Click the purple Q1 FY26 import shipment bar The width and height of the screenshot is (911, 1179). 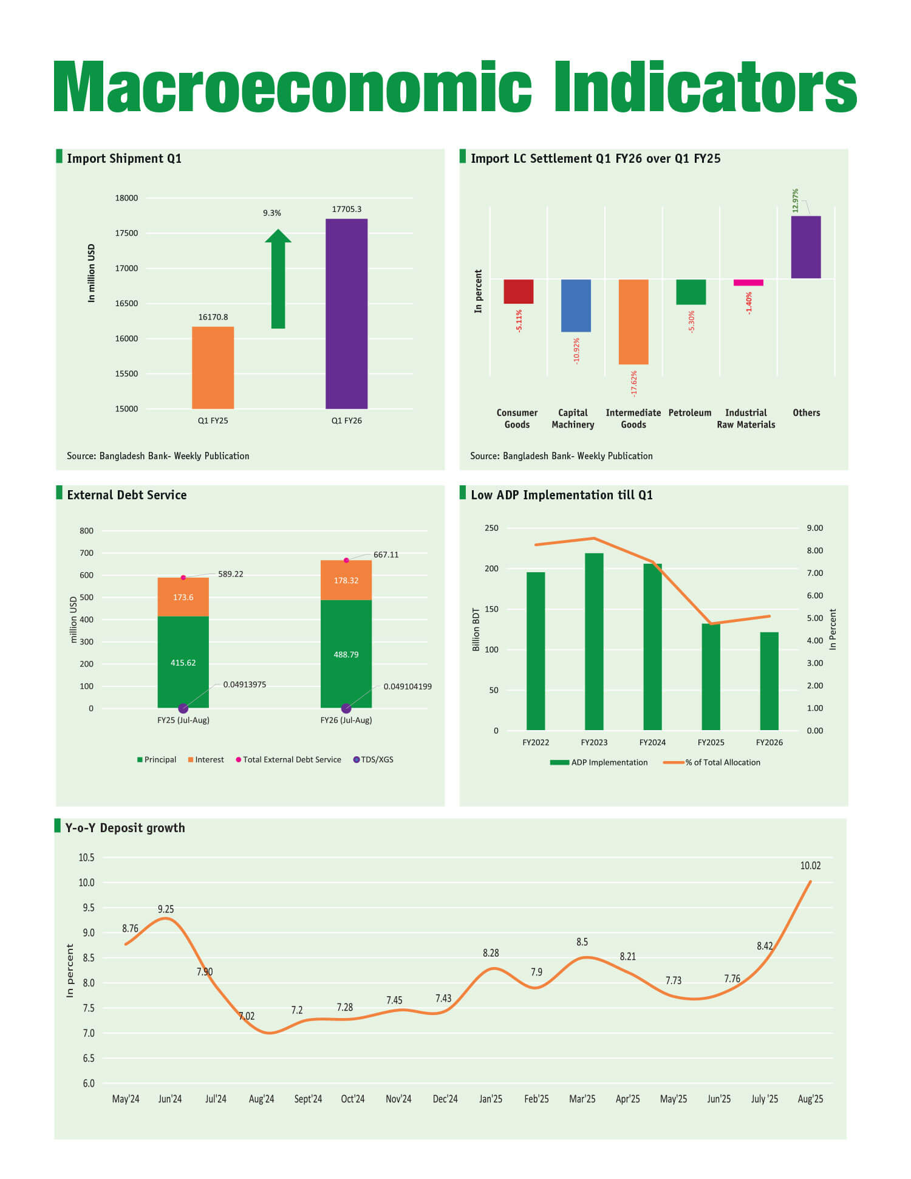346,313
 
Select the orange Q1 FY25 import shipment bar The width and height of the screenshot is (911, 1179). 213,367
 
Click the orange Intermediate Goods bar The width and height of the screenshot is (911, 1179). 633,322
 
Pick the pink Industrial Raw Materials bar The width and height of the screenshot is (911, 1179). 748,282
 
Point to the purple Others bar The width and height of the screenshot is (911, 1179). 806,247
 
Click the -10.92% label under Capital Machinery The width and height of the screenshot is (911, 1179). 576,350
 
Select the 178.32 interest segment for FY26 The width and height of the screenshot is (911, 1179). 346,581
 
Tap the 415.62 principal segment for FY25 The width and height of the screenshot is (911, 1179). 183,662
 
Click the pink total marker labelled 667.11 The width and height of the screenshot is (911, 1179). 346,560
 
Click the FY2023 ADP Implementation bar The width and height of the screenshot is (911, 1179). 594,641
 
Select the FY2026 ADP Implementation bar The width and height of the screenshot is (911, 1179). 769,681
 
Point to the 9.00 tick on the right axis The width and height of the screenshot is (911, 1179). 814,528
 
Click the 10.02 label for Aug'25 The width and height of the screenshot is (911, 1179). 810,866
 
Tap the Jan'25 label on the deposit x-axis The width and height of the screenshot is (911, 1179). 491,1099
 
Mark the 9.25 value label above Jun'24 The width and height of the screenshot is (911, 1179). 166,909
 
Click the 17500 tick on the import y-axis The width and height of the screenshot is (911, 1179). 126,233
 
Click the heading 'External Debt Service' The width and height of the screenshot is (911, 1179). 127,495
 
